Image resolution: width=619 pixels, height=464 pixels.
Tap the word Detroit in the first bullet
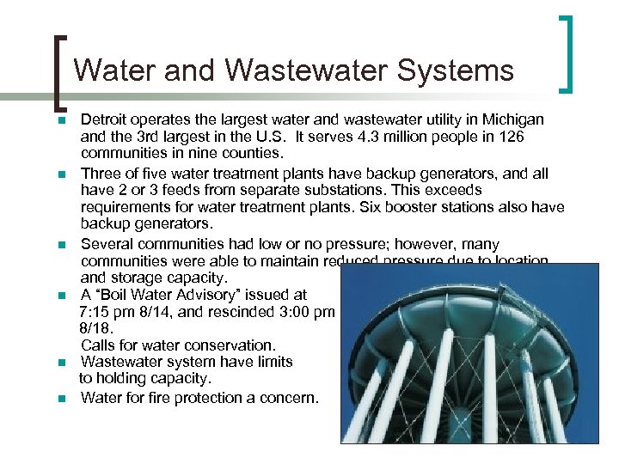tap(105, 119)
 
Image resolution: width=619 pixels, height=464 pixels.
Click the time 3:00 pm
tap(304, 312)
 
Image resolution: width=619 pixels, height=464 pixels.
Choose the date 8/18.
tap(96, 328)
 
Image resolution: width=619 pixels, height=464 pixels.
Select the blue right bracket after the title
tap(568, 53)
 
